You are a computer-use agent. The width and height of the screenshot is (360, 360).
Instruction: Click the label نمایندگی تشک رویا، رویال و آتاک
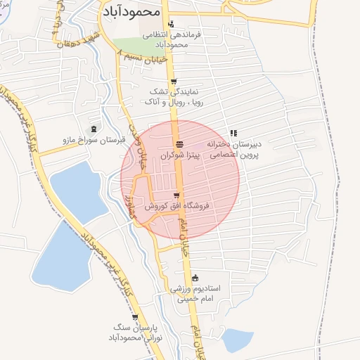(171, 96)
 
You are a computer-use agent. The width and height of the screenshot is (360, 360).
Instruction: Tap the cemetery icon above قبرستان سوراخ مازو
(95, 127)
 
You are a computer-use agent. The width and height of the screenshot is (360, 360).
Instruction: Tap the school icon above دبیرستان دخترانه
(233, 132)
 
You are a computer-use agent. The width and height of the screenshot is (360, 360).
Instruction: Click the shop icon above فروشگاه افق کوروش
(176, 195)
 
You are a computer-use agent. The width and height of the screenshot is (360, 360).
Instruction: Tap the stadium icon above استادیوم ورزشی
(195, 278)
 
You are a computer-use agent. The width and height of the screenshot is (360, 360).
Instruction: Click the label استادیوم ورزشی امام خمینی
(194, 294)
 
